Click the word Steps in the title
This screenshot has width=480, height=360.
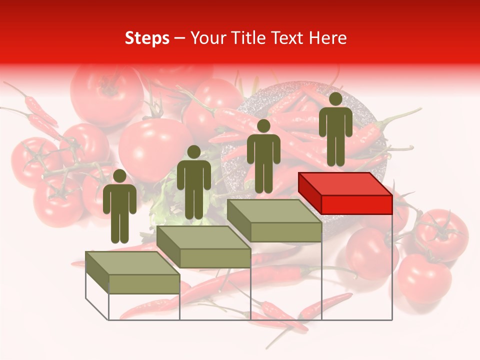pyautogui.click(x=147, y=38)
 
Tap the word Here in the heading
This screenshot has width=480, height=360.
pyautogui.click(x=327, y=38)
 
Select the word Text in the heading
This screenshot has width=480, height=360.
pyautogui.click(x=287, y=38)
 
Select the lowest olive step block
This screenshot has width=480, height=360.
pyautogui.click(x=132, y=272)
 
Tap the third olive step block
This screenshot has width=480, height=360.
pyautogui.click(x=274, y=220)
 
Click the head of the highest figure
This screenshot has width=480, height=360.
pyautogui.click(x=335, y=98)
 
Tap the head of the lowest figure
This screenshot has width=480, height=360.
pyautogui.click(x=119, y=175)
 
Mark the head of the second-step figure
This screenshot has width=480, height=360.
pyautogui.click(x=193, y=151)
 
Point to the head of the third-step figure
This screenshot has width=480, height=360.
pyautogui.click(x=263, y=125)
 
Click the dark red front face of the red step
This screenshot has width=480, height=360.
pyautogui.click(x=356, y=204)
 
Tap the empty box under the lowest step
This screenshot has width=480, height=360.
pyautogui.click(x=144, y=306)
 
